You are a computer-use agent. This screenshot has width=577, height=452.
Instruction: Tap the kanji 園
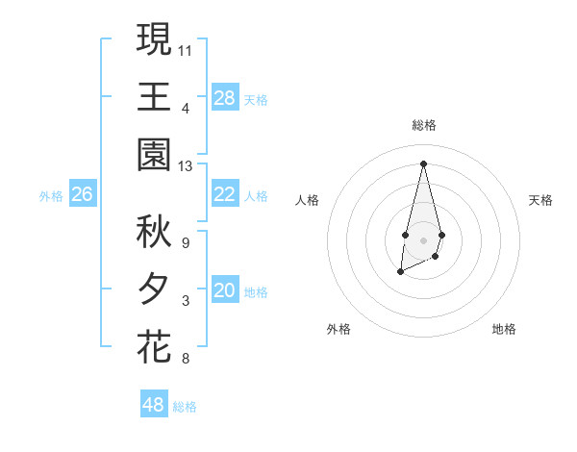154,155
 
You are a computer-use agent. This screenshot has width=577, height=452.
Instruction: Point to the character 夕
154,289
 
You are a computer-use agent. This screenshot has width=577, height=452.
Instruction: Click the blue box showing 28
225,98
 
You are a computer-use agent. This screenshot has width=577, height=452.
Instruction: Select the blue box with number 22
225,195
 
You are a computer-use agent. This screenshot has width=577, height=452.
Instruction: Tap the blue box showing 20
225,291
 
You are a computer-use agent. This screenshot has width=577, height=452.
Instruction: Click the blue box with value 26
83,195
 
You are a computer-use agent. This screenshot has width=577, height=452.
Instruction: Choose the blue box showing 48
154,405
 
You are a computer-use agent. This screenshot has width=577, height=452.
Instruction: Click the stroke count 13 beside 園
186,166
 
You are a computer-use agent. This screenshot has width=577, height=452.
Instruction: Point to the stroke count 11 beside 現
186,49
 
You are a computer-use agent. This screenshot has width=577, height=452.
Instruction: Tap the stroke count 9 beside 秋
186,242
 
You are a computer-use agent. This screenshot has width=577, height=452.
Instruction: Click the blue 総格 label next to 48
185,407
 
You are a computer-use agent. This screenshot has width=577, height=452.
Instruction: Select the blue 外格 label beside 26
51,196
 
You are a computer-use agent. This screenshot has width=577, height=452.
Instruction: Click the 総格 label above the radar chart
424,125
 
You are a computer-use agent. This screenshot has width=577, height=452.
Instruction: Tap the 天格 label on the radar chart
541,200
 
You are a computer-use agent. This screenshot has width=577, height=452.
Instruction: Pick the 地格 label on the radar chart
504,329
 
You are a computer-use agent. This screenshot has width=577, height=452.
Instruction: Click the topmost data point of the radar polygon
423,163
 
